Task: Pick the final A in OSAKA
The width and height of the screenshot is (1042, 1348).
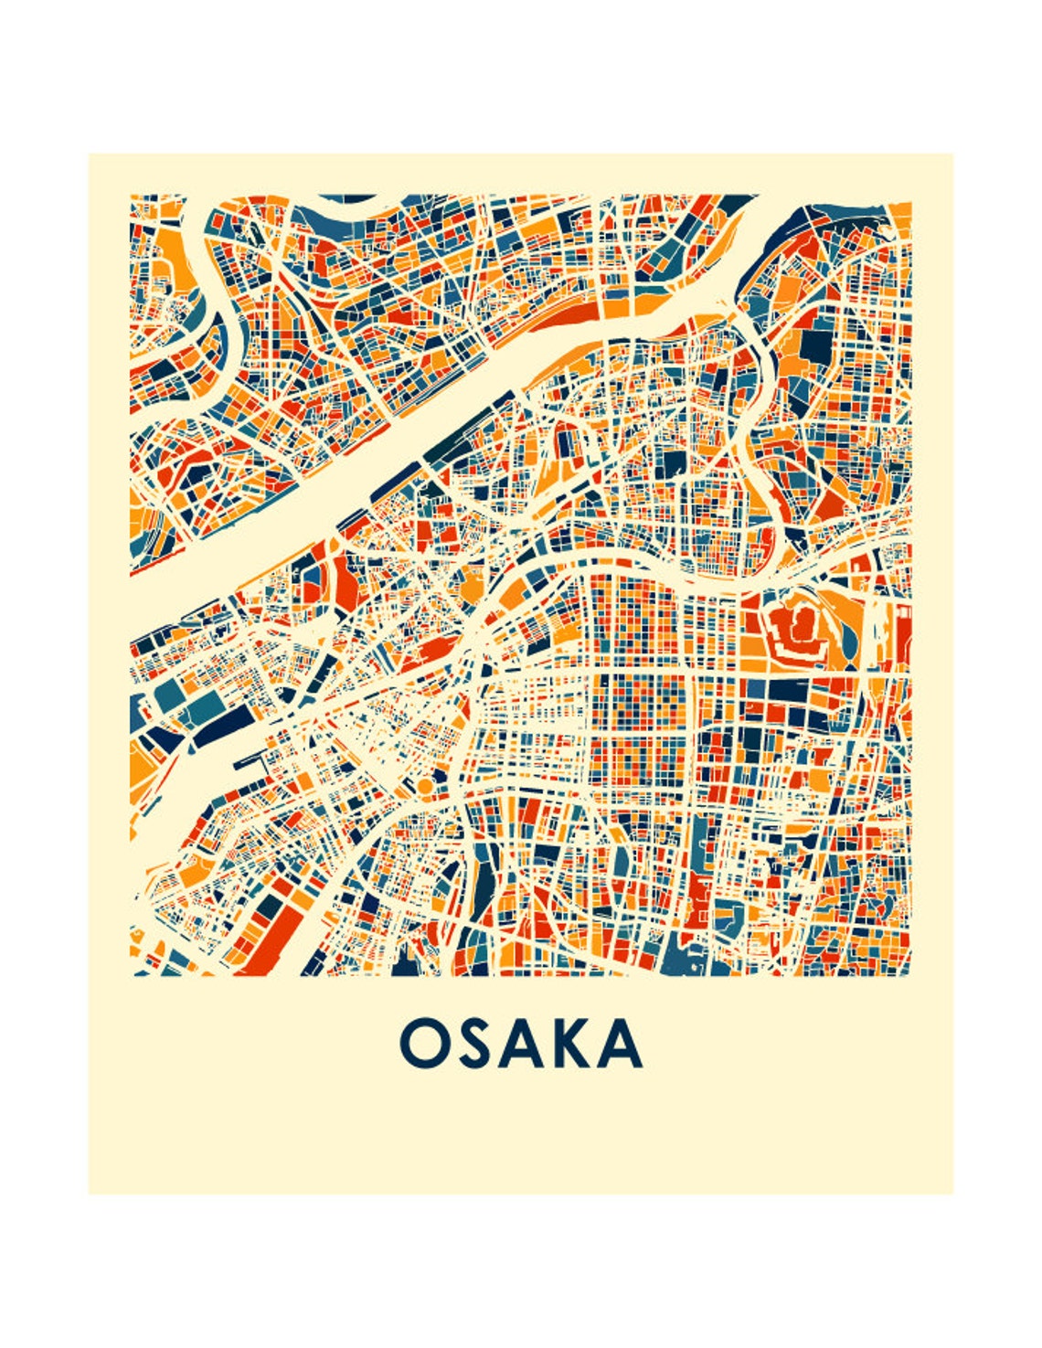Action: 622,1044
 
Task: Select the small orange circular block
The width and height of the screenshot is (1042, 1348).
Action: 424,786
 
